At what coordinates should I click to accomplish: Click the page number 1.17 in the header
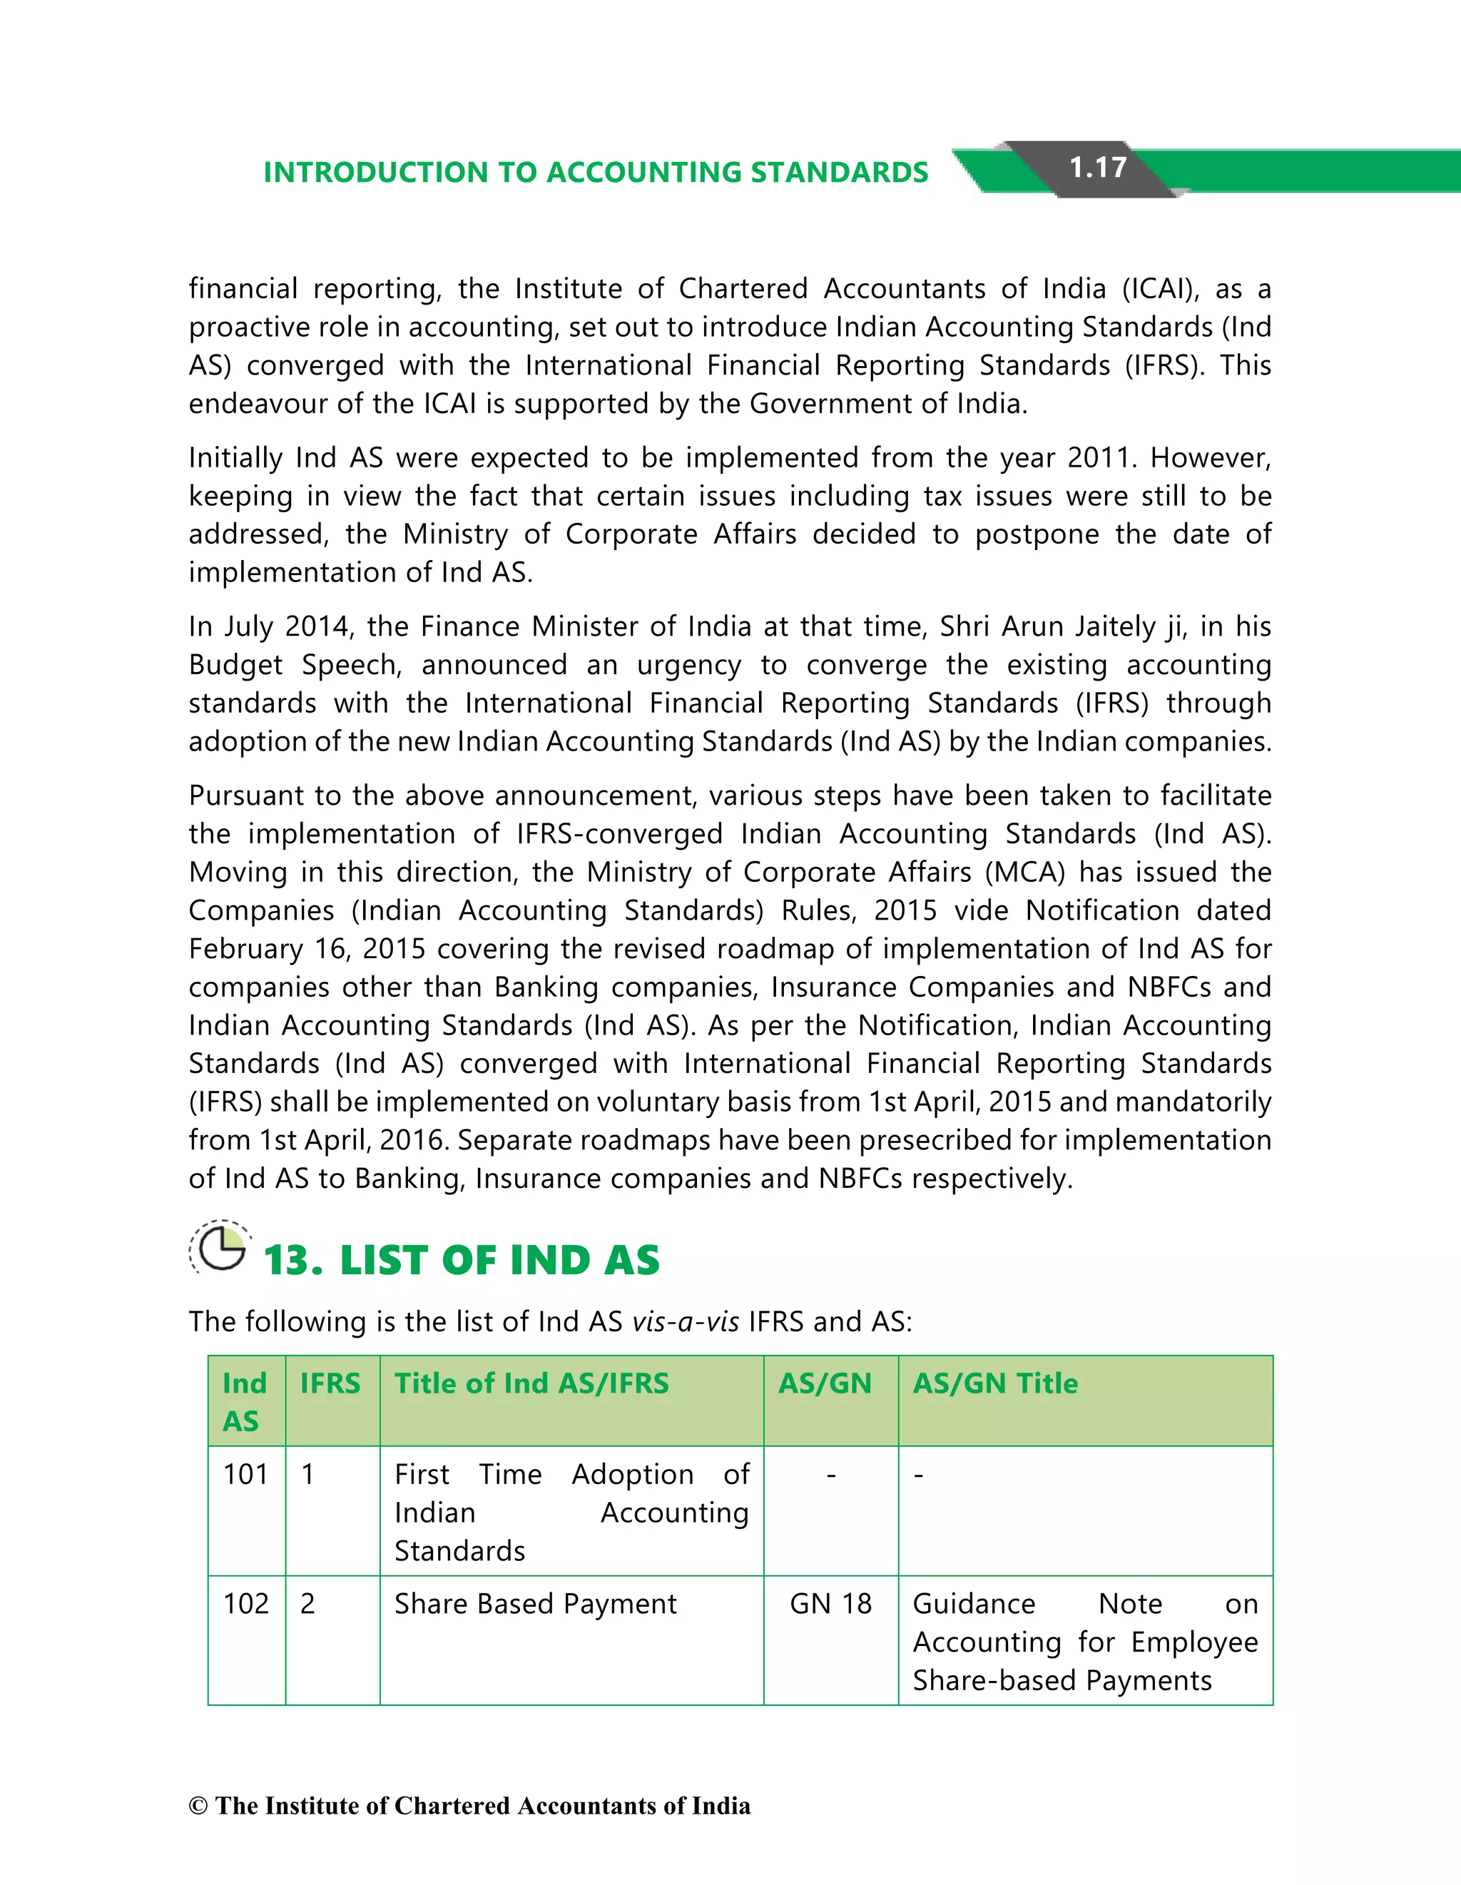[x=1098, y=168]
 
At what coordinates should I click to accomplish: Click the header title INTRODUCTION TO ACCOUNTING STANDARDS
[x=596, y=173]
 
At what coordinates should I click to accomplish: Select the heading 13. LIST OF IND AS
[x=462, y=1260]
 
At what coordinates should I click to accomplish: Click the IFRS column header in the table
[x=330, y=1383]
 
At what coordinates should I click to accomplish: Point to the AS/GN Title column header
[x=995, y=1383]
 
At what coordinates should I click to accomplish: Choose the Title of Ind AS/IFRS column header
[x=531, y=1383]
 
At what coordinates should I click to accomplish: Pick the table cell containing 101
[x=246, y=1474]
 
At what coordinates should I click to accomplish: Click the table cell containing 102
[x=246, y=1604]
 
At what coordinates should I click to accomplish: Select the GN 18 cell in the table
[x=830, y=1604]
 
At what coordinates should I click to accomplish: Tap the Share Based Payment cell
[x=535, y=1604]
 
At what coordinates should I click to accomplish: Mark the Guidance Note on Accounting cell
[x=1085, y=1642]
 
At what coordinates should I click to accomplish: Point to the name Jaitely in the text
[x=1116, y=626]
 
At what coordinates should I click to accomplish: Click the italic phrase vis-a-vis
[x=685, y=1321]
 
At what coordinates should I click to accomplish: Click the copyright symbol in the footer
[x=198, y=1806]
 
